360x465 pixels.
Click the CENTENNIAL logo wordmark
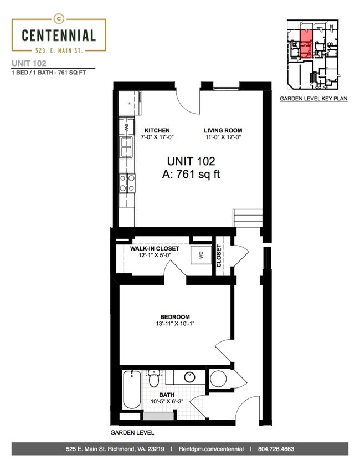[x=59, y=35]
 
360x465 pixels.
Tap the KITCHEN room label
[x=157, y=130]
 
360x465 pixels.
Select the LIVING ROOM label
[x=223, y=130]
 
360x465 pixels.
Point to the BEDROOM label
[x=175, y=317]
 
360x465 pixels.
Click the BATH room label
[x=167, y=395]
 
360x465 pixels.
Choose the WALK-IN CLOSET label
[x=155, y=248]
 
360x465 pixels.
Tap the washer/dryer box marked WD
[x=201, y=255]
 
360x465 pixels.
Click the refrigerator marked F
[x=130, y=103]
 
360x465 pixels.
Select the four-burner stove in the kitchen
[x=127, y=183]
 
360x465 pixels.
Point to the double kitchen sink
[x=126, y=147]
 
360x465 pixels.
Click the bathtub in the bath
[x=132, y=390]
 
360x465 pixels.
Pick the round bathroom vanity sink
[x=189, y=377]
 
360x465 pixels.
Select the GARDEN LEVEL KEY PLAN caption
[x=313, y=99]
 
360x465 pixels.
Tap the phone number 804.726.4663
[x=276, y=449]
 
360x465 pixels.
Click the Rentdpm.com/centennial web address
[x=211, y=449]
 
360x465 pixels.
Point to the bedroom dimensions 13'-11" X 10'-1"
[x=175, y=324]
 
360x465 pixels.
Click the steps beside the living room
[x=248, y=218]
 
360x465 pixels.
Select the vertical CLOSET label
[x=219, y=256]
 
